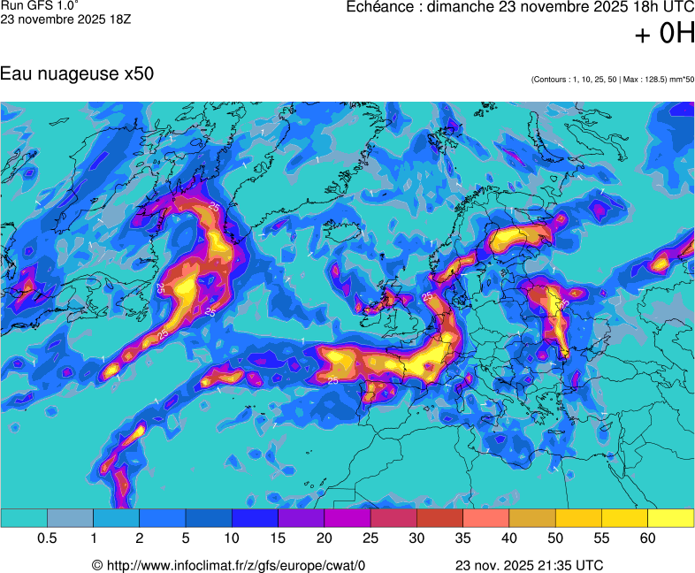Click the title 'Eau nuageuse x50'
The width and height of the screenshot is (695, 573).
[78, 74]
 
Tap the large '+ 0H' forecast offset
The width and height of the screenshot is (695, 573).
[665, 34]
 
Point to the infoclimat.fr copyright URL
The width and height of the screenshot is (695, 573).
[229, 565]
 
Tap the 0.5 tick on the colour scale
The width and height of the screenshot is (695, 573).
[48, 539]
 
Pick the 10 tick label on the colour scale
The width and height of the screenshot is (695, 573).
[233, 539]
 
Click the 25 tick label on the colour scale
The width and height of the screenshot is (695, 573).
[370, 539]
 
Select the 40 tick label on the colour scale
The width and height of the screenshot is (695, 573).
[509, 539]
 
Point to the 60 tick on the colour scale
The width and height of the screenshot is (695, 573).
[648, 539]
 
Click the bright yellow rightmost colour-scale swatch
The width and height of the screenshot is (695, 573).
[671, 518]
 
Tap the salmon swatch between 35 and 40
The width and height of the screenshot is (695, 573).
[486, 518]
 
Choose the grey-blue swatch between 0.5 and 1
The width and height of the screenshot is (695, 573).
[70, 518]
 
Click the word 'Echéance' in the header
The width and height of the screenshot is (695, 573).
[381, 7]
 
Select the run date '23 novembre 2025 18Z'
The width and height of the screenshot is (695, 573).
[65, 19]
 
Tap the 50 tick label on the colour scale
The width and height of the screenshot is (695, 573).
[555, 539]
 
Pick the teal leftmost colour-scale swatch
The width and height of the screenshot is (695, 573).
[24, 518]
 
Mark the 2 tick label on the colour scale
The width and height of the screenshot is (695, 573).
[140, 539]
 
